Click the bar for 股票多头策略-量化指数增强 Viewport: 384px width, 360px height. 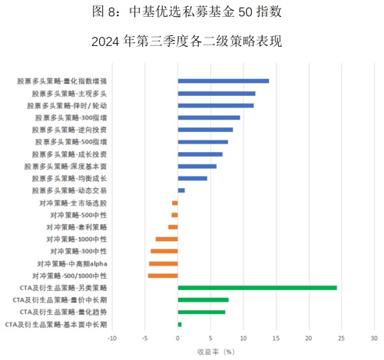pyautogui.click(x=223, y=81)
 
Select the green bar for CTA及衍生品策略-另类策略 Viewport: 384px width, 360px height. pyautogui.click(x=257, y=288)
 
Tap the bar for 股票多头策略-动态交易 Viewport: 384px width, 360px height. pyautogui.click(x=181, y=190)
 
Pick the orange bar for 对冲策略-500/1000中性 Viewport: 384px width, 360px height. pyautogui.click(x=163, y=276)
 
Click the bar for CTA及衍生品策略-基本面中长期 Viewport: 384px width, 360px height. pyautogui.click(x=180, y=325)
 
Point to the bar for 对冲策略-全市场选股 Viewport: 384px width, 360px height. pyautogui.click(x=175, y=203)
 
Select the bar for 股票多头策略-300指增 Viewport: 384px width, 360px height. pyautogui.click(x=209, y=117)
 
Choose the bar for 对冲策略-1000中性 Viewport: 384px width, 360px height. pyautogui.click(x=167, y=239)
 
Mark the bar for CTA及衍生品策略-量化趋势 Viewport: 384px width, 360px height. pyautogui.click(x=202, y=312)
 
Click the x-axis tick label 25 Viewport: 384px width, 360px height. pyautogui.click(x=341, y=339)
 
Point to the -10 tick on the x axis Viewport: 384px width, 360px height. pyautogui.click(x=112, y=339)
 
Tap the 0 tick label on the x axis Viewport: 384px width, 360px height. pyautogui.click(x=177, y=339)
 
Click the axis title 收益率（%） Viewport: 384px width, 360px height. pyautogui.click(x=216, y=352)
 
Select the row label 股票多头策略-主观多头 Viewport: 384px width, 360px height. pyautogui.click(x=69, y=94)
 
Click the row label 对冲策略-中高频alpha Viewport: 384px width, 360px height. pyautogui.click(x=72, y=263)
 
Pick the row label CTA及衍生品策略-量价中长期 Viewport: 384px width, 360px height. pyautogui.click(x=60, y=300)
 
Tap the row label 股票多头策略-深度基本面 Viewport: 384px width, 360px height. pyautogui.click(x=65, y=167)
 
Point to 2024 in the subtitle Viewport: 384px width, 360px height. pyautogui.click(x=105, y=41)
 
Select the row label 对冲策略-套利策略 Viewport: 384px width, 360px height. pyautogui.click(x=76, y=227)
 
